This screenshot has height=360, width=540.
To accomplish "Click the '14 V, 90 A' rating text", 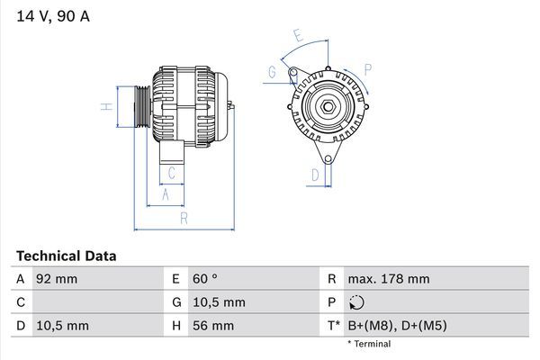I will tap(52, 16).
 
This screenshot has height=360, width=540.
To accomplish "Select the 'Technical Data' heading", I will tap(66, 256).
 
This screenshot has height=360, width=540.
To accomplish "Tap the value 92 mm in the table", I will tap(57, 279).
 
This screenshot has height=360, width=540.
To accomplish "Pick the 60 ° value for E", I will tap(206, 279).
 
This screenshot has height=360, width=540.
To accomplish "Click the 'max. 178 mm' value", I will tap(388, 279).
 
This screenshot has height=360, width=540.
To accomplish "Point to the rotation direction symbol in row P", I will tap(358, 302).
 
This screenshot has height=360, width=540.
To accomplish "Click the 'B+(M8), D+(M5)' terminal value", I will tap(397, 325).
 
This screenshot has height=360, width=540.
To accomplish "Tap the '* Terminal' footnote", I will tap(369, 344).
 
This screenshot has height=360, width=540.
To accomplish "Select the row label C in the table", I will tap(21, 302).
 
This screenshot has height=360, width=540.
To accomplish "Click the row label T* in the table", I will tap(334, 325).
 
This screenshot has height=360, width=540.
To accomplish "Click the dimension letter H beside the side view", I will tap(106, 108).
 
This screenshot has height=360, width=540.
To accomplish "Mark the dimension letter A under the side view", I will tap(166, 193).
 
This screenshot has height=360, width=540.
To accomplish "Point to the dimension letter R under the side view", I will tap(184, 219).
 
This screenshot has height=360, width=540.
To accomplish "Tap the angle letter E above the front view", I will tap(298, 36).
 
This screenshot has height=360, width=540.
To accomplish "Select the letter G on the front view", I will tap(271, 72).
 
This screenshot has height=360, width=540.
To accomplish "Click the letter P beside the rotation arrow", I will tap(368, 68).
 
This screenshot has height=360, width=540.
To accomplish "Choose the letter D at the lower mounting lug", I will tap(315, 175).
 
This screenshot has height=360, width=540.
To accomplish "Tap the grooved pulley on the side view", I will tap(141, 109).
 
